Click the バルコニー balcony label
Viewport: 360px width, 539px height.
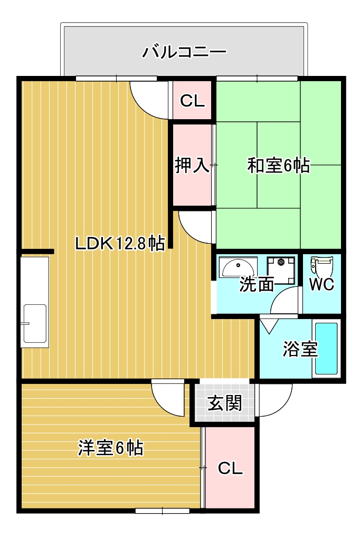[185, 52]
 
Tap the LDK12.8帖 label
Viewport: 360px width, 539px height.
[119, 243]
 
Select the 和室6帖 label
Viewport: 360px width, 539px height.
[278, 166]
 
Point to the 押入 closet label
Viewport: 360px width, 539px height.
[193, 166]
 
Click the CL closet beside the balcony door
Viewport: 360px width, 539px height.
[192, 100]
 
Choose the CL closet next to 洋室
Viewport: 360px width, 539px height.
[230, 468]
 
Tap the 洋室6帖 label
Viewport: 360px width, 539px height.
[111, 448]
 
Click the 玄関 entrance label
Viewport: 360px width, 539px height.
[224, 403]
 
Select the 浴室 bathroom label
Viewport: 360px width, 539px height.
[300, 349]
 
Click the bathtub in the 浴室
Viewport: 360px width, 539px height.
[326, 349]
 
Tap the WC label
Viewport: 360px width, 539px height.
[321, 284]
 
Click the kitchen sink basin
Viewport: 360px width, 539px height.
[34, 323]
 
